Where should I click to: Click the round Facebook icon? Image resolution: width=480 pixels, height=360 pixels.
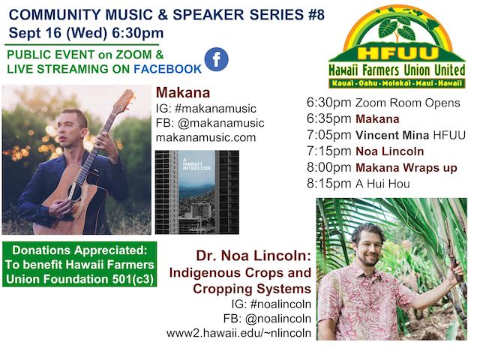[216, 59]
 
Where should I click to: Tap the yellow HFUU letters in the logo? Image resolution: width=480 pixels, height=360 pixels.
[398, 53]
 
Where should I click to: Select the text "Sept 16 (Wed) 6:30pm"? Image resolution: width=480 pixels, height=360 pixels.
[86, 33]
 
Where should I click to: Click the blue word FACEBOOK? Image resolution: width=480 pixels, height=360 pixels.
[167, 69]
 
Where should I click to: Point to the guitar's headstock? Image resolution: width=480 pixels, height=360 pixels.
[125, 100]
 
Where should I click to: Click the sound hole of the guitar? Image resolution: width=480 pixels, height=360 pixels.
[75, 192]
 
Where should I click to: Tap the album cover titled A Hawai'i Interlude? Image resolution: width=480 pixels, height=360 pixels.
[197, 192]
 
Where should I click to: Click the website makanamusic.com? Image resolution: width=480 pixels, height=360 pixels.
[205, 137]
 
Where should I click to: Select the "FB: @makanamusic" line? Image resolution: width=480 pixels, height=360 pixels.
[210, 123]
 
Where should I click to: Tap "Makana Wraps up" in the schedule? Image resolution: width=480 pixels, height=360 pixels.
[406, 168]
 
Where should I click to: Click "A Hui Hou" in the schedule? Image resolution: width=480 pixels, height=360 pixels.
[382, 184]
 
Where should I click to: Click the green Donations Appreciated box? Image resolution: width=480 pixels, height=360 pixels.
[79, 264]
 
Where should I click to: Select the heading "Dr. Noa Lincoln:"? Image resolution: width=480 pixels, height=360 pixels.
[253, 256]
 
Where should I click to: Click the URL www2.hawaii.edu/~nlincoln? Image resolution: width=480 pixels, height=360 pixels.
[238, 333]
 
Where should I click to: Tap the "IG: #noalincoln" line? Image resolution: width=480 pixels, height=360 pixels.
[271, 304]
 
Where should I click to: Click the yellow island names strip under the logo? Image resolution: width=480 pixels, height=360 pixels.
[397, 83]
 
